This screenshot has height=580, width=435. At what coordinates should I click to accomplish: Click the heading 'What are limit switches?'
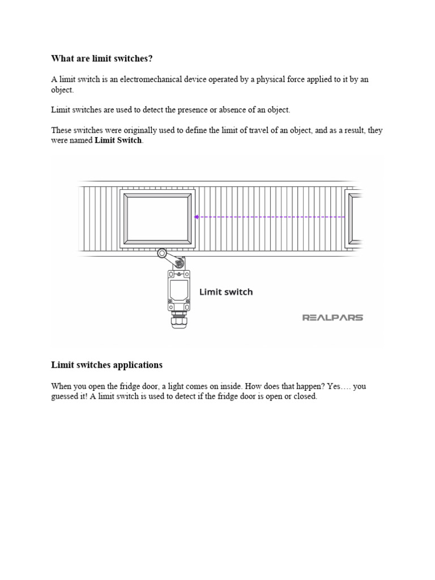pyautogui.click(x=102, y=58)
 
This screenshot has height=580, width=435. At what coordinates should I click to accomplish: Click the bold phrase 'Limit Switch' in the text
pyautogui.click(x=118, y=140)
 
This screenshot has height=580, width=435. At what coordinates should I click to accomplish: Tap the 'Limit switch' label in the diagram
pyautogui.click(x=226, y=292)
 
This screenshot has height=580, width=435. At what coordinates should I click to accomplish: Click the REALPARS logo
pyautogui.click(x=332, y=318)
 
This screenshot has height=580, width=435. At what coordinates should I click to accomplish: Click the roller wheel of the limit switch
pyautogui.click(x=163, y=254)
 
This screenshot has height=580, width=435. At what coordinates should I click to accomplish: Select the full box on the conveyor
pyautogui.click(x=157, y=220)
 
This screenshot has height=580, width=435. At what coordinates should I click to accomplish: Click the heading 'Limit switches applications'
pyautogui.click(x=106, y=365)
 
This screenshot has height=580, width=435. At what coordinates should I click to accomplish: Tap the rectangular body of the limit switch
pyautogui.click(x=178, y=291)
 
